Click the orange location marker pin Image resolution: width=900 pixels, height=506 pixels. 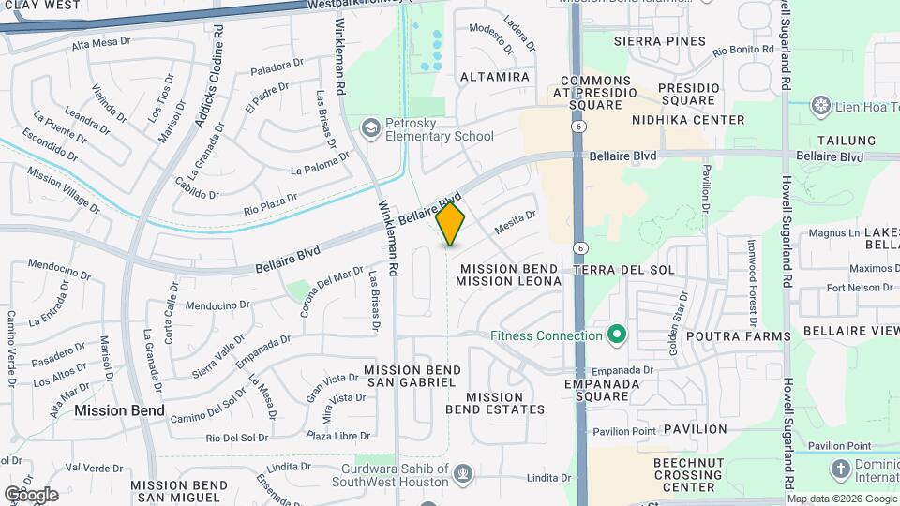pyautogui.click(x=451, y=223)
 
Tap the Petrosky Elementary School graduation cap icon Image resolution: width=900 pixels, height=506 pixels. pyautogui.click(x=372, y=127)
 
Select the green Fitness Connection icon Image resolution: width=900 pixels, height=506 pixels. pyautogui.click(x=617, y=335)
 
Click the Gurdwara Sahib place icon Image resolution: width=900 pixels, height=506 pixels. pyautogui.click(x=461, y=475)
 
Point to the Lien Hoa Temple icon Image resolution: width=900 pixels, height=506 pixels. pyautogui.click(x=822, y=105)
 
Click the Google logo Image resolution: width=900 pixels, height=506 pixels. pyautogui.click(x=31, y=494)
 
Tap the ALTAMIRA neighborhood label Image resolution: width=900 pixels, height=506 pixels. pyautogui.click(x=495, y=77)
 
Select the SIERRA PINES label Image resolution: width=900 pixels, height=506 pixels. pyautogui.click(x=659, y=41)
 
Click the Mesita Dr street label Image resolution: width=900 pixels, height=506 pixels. pyautogui.click(x=515, y=221)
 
